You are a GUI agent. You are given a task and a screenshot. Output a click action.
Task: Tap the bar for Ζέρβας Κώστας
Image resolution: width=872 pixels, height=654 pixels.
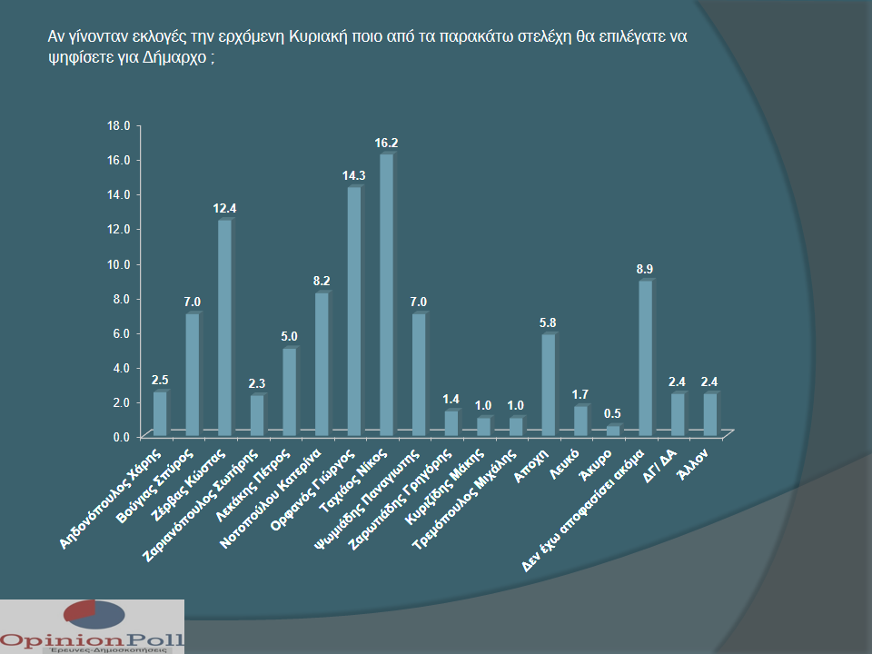[x=224, y=328]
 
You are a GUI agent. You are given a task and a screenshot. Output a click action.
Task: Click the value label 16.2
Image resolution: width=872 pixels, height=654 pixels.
[x=387, y=143]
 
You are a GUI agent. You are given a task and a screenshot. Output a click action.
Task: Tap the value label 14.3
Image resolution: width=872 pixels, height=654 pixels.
[x=354, y=176]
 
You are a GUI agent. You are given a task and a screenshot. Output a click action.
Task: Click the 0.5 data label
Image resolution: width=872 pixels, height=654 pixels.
[x=614, y=414]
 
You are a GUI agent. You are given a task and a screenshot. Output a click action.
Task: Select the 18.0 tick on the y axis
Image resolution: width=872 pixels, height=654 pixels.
[x=121, y=124]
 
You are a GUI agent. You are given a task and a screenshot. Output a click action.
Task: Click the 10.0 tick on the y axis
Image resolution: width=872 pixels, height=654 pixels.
[x=121, y=263]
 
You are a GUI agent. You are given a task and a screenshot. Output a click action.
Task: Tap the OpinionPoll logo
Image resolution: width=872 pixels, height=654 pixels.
[x=92, y=627]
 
